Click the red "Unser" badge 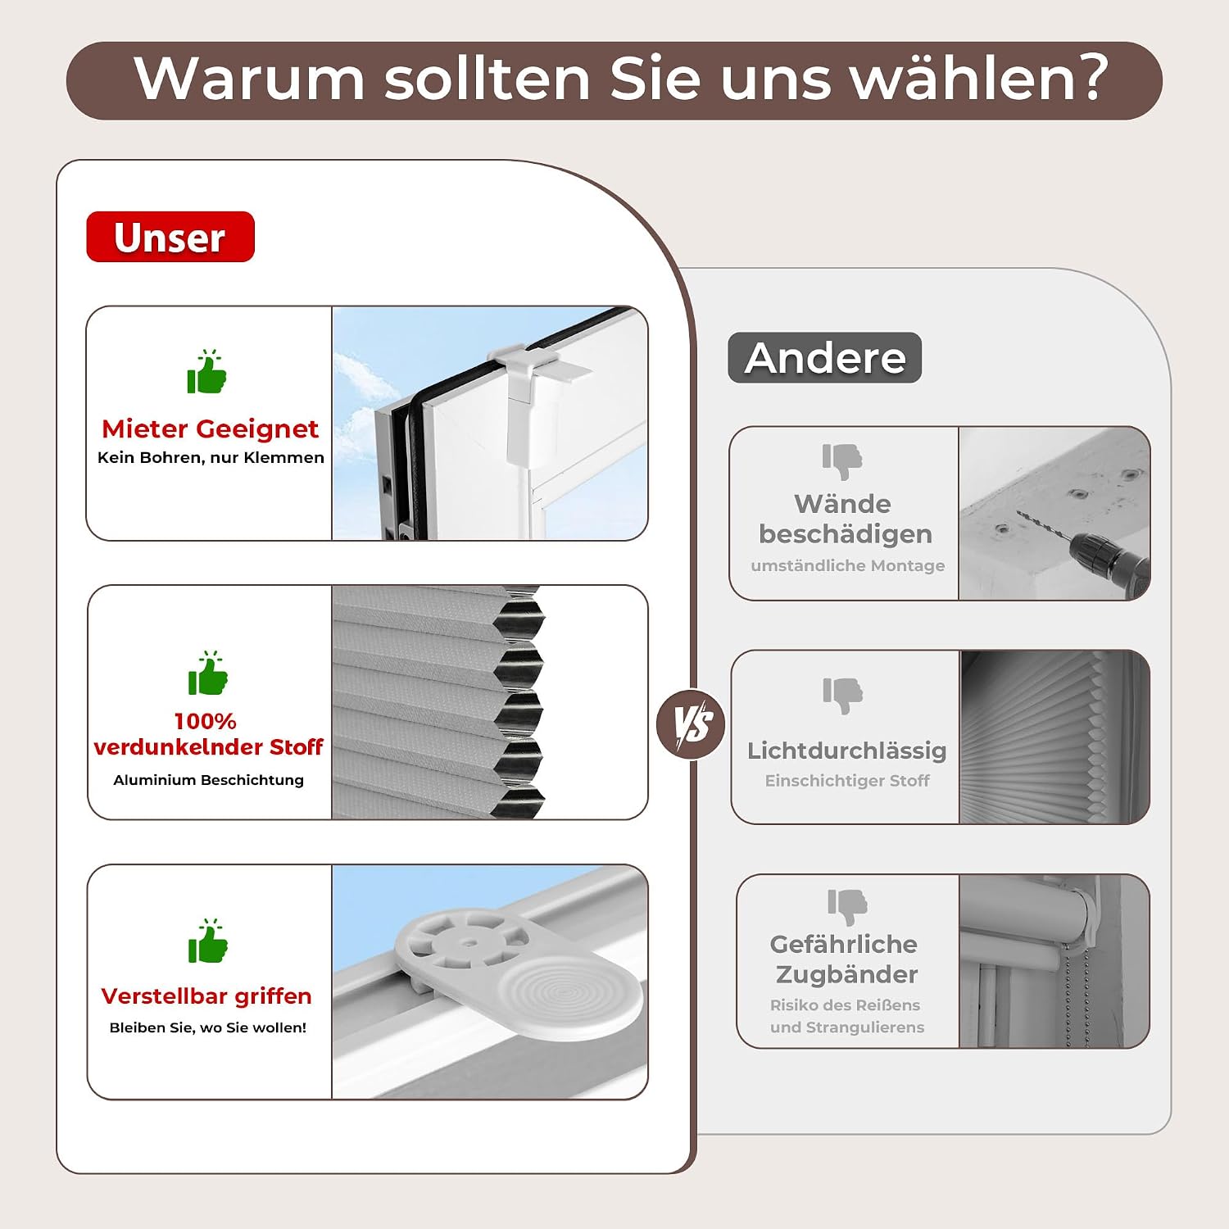click(x=170, y=237)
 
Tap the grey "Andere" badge click(x=824, y=357)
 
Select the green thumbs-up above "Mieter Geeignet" click(x=206, y=372)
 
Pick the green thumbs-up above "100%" click(x=207, y=673)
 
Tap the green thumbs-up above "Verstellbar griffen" click(x=207, y=941)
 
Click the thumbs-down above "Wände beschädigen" click(x=842, y=461)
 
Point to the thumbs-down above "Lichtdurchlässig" click(x=843, y=696)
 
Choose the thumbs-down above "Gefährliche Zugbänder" click(x=847, y=907)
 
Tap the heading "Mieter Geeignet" click(x=210, y=429)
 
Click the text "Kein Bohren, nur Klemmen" click(x=211, y=457)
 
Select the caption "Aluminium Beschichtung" click(x=208, y=780)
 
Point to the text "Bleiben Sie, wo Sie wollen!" click(x=208, y=1027)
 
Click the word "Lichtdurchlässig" click(x=847, y=751)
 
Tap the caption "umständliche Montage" click(x=848, y=565)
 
